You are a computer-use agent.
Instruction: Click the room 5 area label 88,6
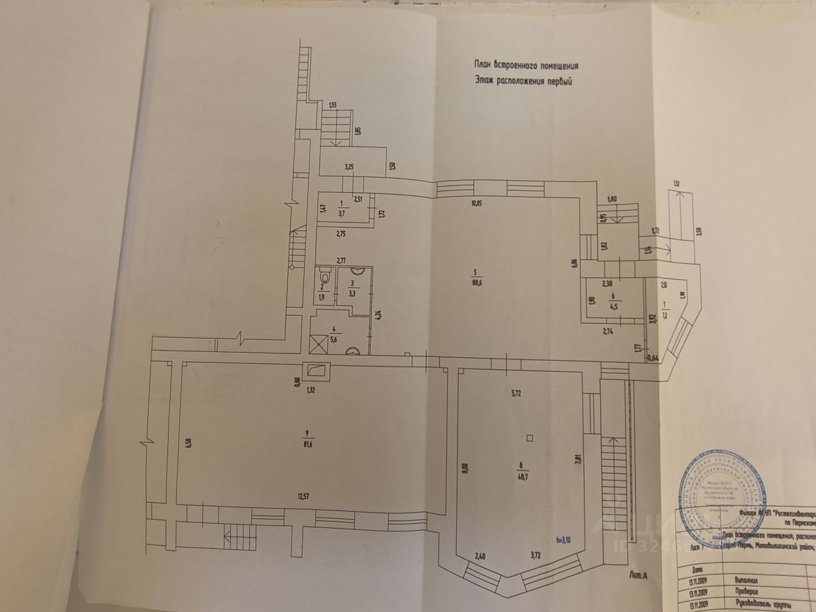(475, 283)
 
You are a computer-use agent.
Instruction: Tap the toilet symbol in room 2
(325, 277)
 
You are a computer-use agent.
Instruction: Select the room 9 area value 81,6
(307, 443)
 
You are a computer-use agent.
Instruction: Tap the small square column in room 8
(529, 438)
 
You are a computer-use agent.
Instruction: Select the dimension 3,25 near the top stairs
(348, 166)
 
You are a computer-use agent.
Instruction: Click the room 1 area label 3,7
(342, 213)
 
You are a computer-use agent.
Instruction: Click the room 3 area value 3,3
(353, 292)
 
